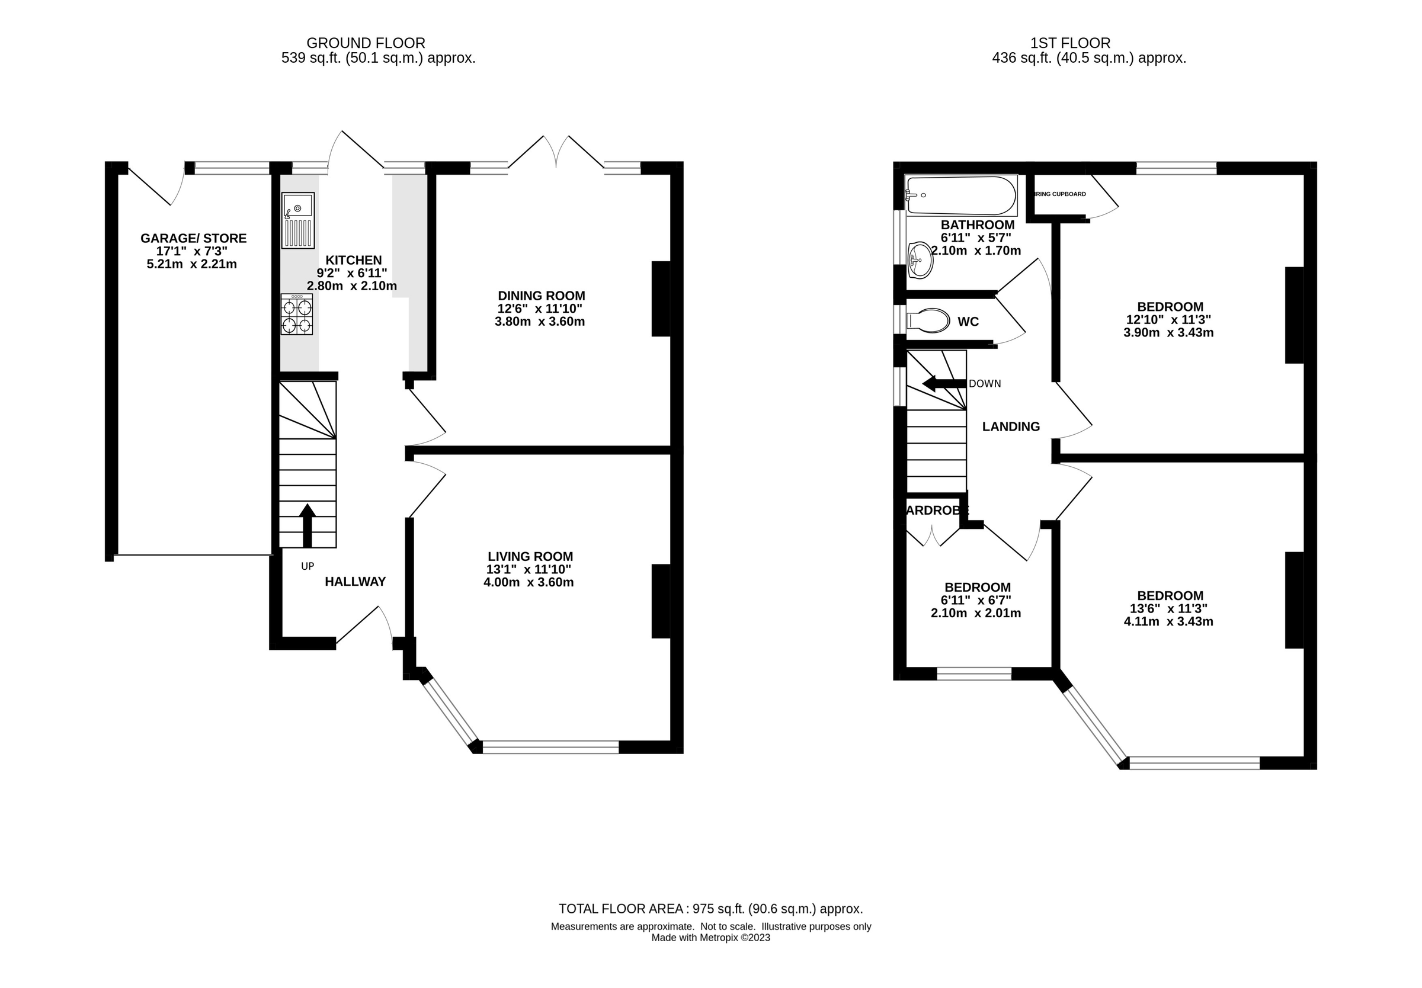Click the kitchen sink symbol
point(298,220)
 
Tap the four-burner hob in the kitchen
point(296,315)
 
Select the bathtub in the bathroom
point(960,195)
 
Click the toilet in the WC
point(927,320)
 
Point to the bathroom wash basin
point(920,260)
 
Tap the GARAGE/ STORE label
point(193,238)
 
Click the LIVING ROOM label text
point(530,557)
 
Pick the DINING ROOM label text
point(541,296)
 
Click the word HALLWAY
point(355,581)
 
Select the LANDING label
point(1011,426)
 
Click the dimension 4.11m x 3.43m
point(1168,621)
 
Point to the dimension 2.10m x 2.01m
point(976,613)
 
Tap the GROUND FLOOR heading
point(366,43)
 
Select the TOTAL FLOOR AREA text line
point(710,909)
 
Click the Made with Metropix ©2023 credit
point(710,938)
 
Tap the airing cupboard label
point(1060,194)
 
